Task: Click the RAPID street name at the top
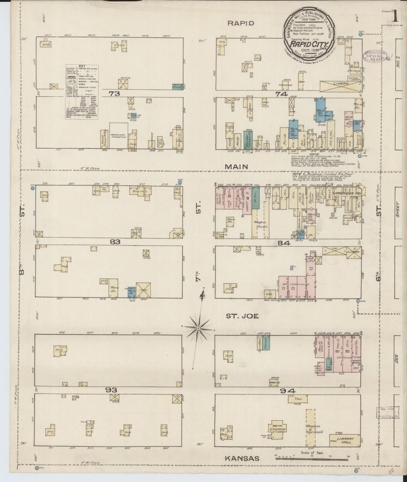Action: coord(241,23)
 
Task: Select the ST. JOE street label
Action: coord(242,316)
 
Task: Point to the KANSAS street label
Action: coord(242,459)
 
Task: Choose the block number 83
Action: coord(115,242)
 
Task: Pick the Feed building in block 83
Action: coord(143,290)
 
